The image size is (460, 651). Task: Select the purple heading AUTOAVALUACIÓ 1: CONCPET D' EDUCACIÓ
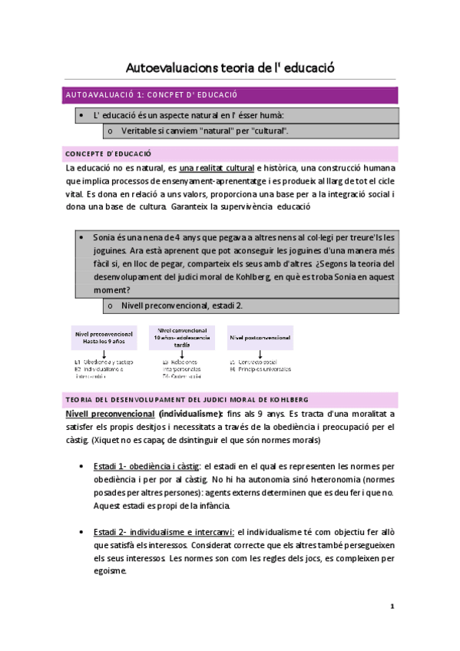152,94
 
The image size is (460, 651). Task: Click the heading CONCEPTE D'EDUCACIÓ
109,154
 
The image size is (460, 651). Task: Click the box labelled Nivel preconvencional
104,338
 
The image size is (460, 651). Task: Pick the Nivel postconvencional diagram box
260,337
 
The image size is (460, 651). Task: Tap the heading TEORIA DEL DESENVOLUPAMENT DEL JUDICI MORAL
188,400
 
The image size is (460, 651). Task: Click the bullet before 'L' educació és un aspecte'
81,115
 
